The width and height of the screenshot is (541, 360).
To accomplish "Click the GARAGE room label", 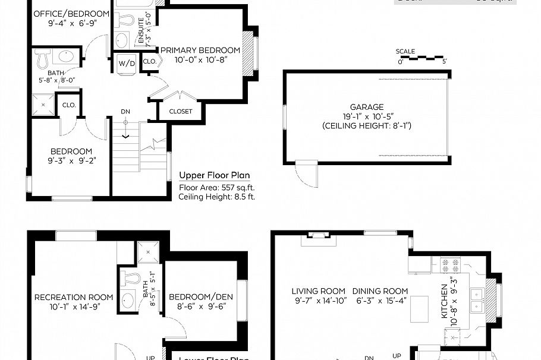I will coord(366,107).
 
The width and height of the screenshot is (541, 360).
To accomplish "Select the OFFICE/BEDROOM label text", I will coord(71,14).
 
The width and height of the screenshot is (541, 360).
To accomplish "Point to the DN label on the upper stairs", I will coord(125,111).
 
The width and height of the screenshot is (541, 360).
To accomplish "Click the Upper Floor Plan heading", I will coord(215,176).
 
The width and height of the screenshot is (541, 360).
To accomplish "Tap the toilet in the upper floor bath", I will coord(43,58).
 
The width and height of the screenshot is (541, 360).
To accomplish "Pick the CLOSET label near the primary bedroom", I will coord(180,111).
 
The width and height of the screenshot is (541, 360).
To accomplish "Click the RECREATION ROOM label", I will coord(74,298).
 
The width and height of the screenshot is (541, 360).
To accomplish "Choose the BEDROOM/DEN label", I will coord(201,297).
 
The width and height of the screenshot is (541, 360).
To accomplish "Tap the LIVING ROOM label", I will coord(318,291).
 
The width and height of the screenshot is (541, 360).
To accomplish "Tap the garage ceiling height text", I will coord(366,126).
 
